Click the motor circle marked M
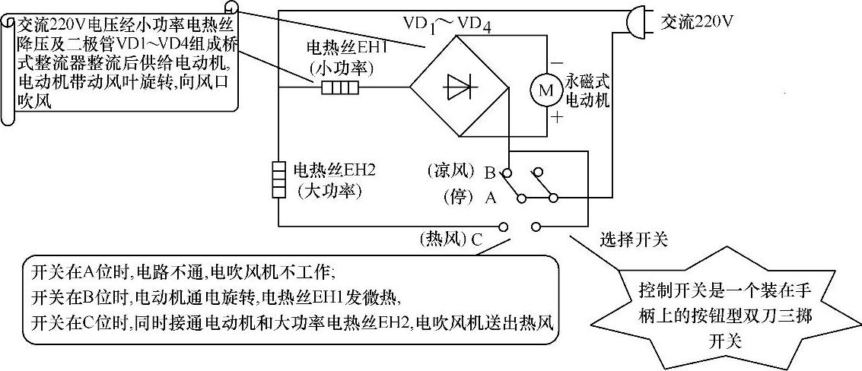point(545,90)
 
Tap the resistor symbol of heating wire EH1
point(340,88)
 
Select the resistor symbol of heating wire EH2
point(279,179)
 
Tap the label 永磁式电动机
point(589,90)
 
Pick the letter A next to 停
point(490,198)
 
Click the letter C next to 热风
point(476,239)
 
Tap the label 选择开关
point(634,240)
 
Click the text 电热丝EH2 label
point(328,170)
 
